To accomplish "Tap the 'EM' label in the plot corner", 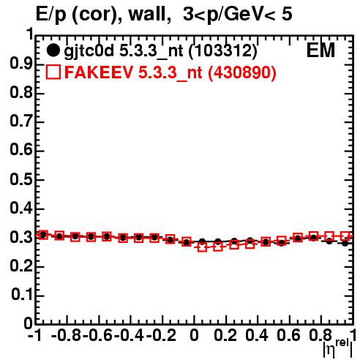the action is (x=320, y=50).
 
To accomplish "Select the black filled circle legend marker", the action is (x=53, y=50).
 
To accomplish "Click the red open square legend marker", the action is (x=53, y=72).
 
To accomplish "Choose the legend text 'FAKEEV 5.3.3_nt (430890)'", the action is (x=170, y=72).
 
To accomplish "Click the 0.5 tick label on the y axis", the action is (x=21, y=179).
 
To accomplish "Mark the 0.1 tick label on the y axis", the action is (x=21, y=295).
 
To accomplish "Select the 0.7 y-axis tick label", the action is (x=21, y=121).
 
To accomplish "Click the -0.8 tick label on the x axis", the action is (x=67, y=335).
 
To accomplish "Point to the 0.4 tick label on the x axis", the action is (x=257, y=335).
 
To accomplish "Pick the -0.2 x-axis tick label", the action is (x=161, y=335).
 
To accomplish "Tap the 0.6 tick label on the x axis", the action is (x=288, y=335).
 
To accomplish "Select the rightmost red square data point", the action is (x=345, y=236).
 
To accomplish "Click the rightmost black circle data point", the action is (x=345, y=243).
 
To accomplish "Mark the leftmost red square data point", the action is (x=43, y=235).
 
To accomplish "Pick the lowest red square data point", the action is (x=202, y=247).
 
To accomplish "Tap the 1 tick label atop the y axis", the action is (x=30, y=34).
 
